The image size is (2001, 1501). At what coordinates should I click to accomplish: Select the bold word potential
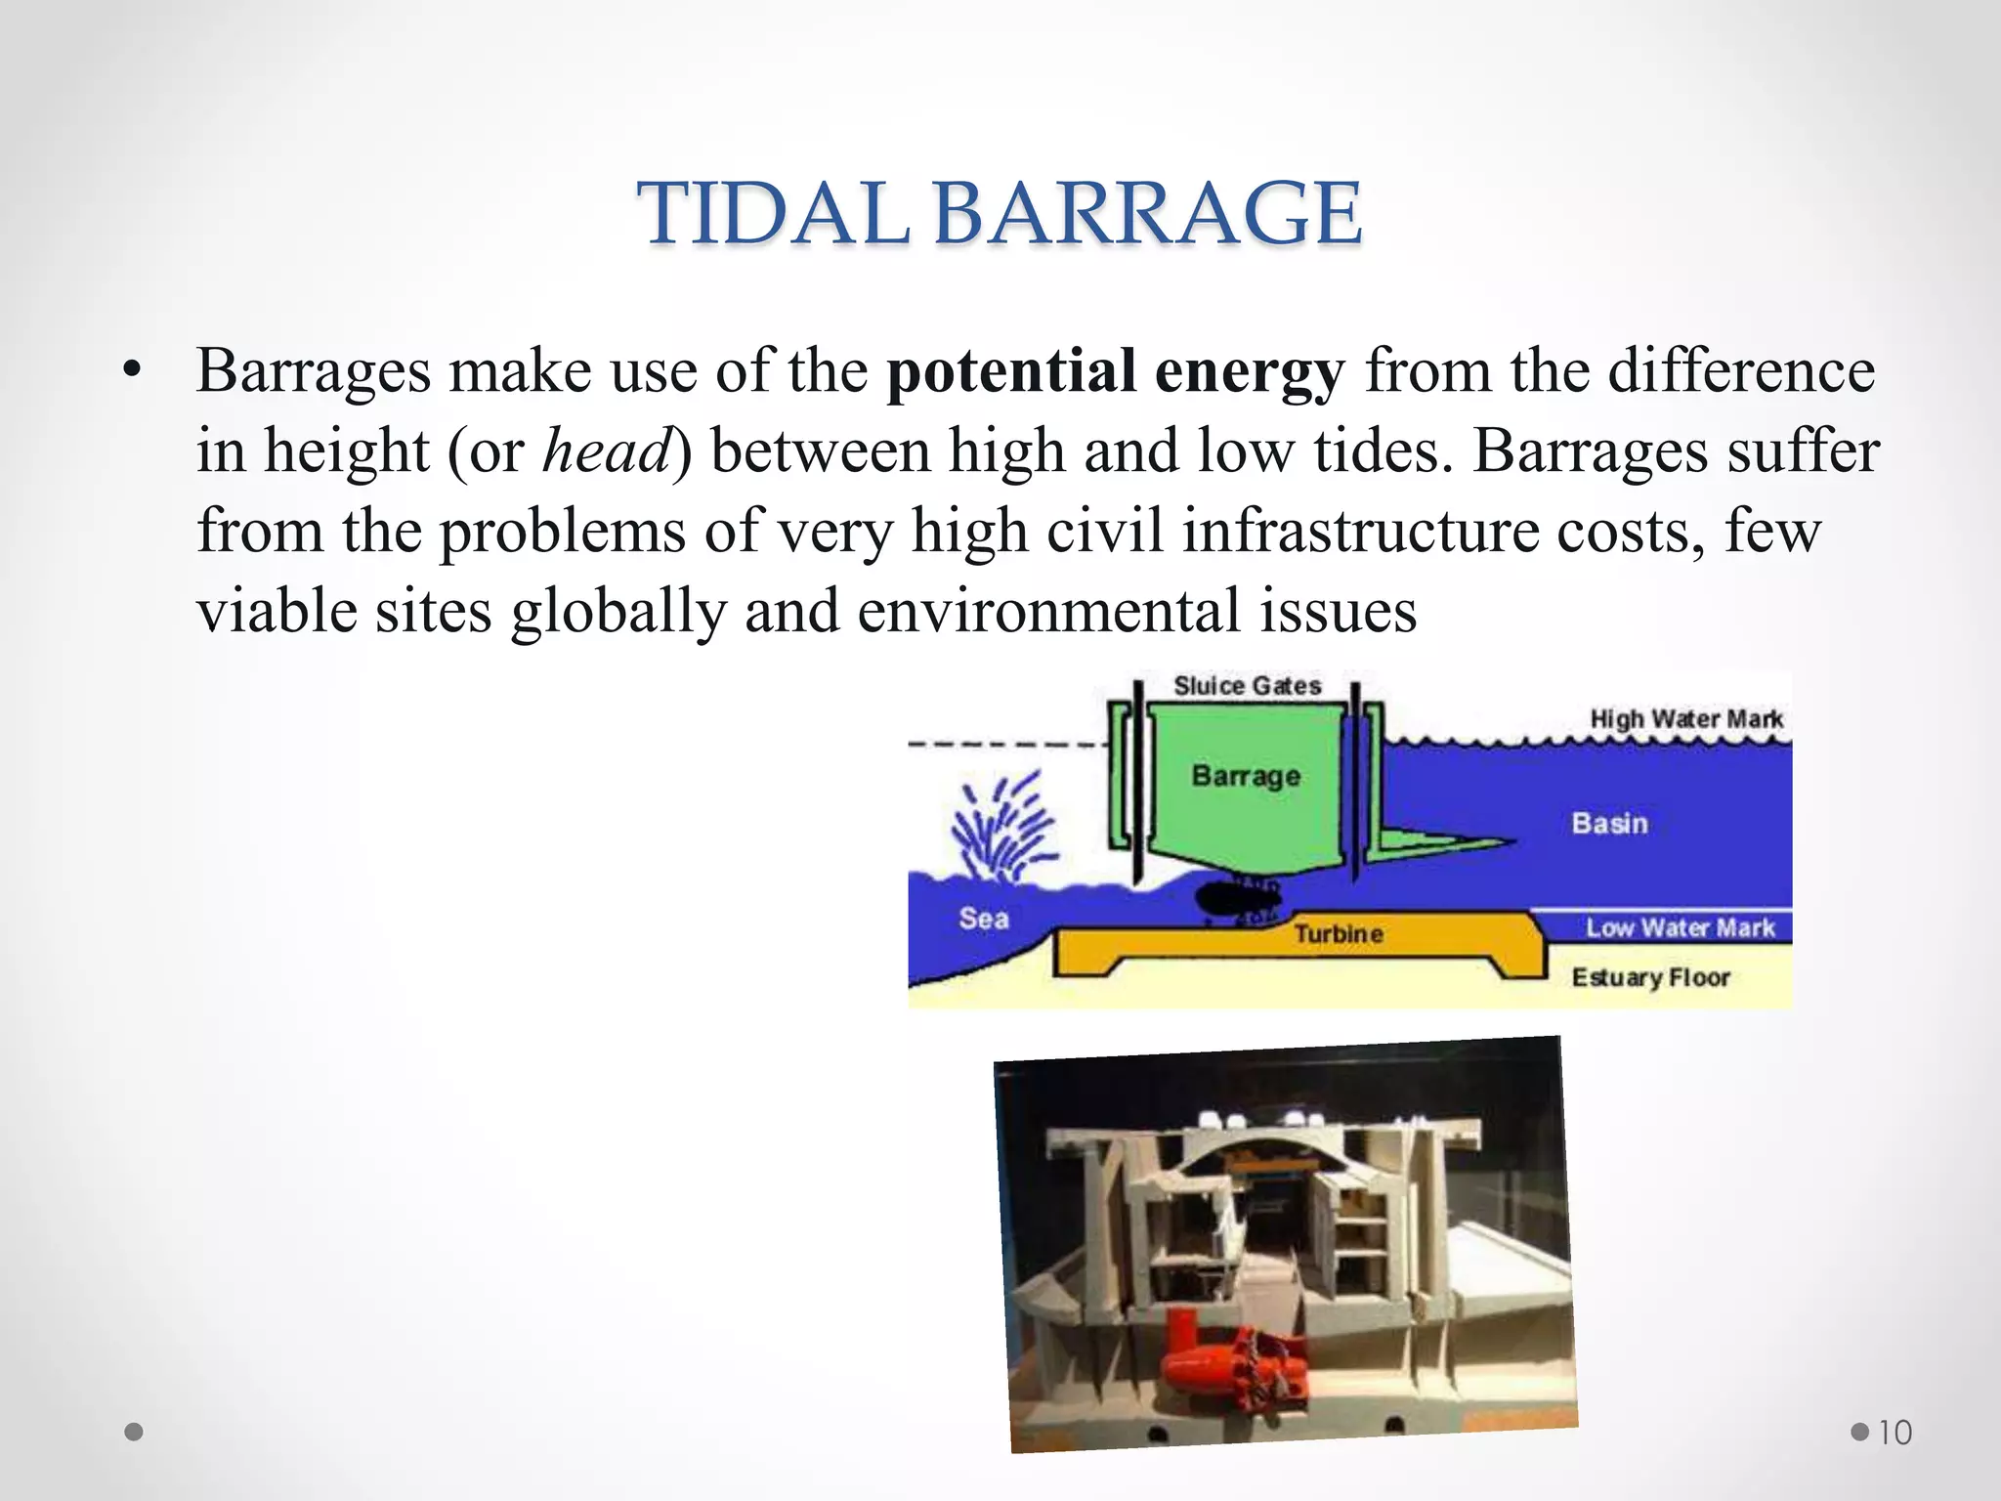tap(1010, 371)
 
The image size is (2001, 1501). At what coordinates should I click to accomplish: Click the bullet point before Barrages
tap(134, 371)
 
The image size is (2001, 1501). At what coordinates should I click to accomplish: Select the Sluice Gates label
tap(1247, 686)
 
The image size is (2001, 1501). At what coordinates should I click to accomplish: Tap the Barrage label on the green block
tap(1246, 776)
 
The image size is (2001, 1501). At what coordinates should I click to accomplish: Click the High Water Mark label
tap(1685, 719)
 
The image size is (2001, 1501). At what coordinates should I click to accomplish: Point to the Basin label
tap(1609, 824)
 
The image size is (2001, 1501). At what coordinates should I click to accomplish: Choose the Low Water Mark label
tap(1680, 927)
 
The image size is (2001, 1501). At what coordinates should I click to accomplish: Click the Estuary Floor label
tap(1650, 977)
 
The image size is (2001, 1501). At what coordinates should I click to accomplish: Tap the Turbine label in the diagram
tap(1339, 934)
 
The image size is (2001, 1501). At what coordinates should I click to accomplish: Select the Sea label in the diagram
tap(983, 919)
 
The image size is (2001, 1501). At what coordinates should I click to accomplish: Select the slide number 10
tap(1895, 1433)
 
